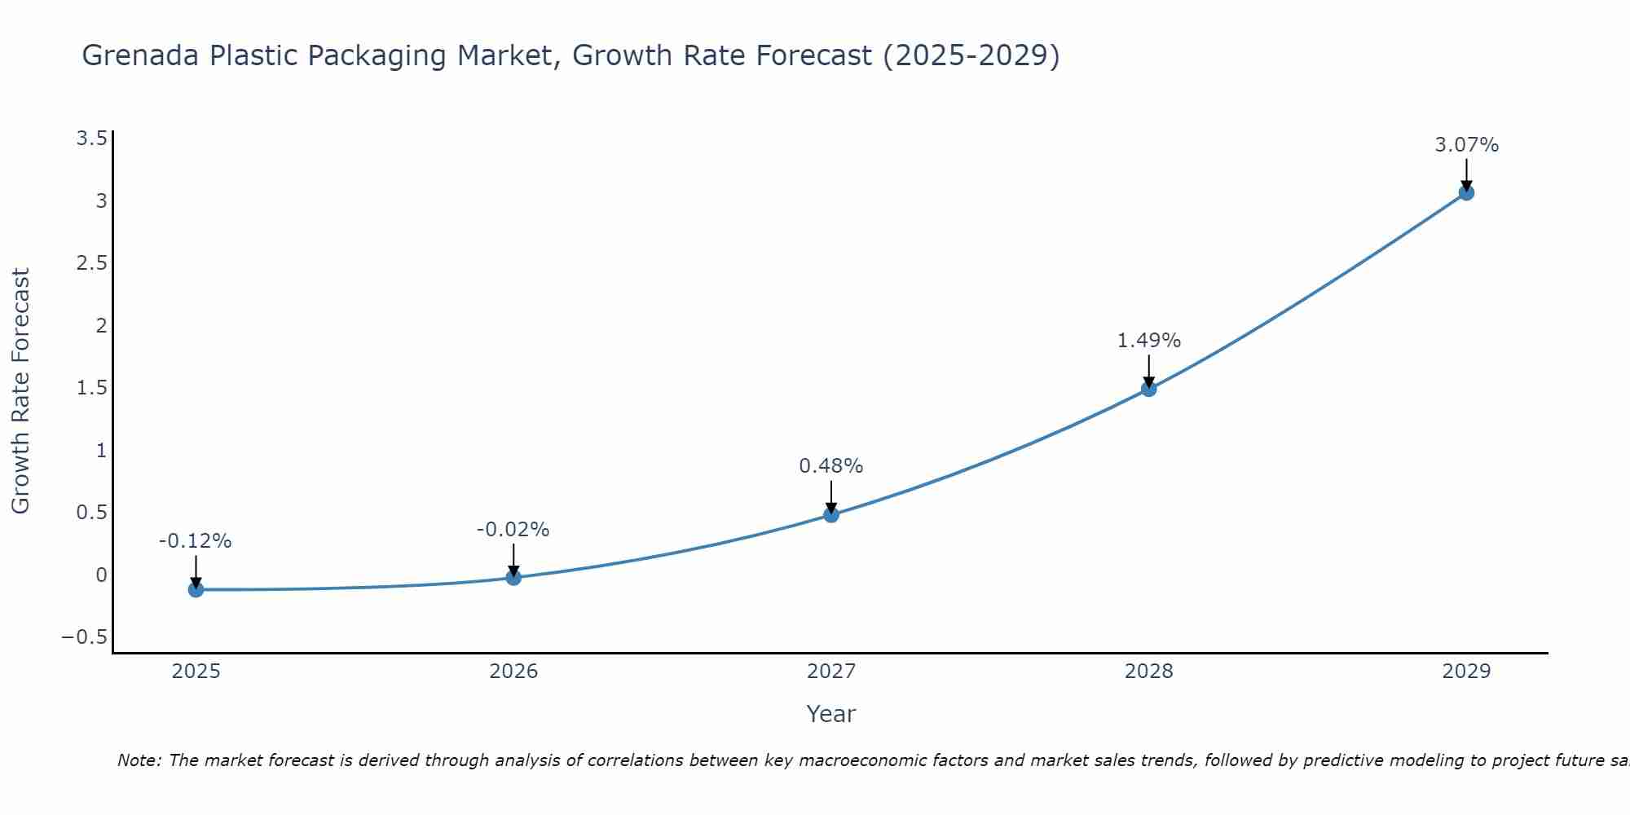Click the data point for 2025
(196, 589)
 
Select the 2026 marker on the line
(513, 577)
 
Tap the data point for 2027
(831, 514)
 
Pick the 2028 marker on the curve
(1148, 389)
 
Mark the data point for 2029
(1466, 193)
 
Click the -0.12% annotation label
(196, 541)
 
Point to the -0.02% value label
(513, 530)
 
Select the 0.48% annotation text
(830, 466)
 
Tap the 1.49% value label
(1148, 341)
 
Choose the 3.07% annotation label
(1466, 145)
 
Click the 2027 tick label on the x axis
(831, 672)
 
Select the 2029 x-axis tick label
(1466, 672)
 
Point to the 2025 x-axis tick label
(196, 672)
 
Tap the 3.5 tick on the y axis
(92, 139)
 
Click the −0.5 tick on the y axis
(85, 637)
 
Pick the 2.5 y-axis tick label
(92, 263)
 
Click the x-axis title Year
(830, 714)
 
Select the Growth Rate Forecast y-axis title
(20, 391)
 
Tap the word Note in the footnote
(139, 760)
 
